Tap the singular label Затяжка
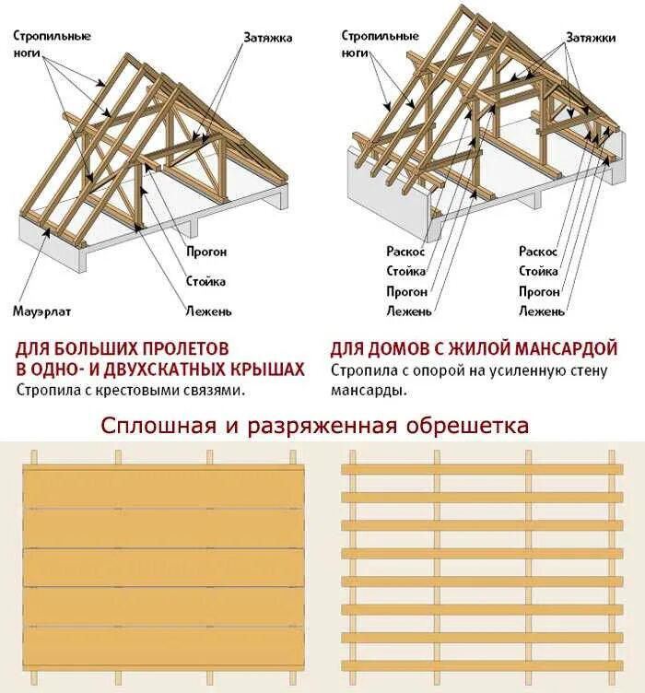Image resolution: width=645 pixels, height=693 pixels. click(x=268, y=38)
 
